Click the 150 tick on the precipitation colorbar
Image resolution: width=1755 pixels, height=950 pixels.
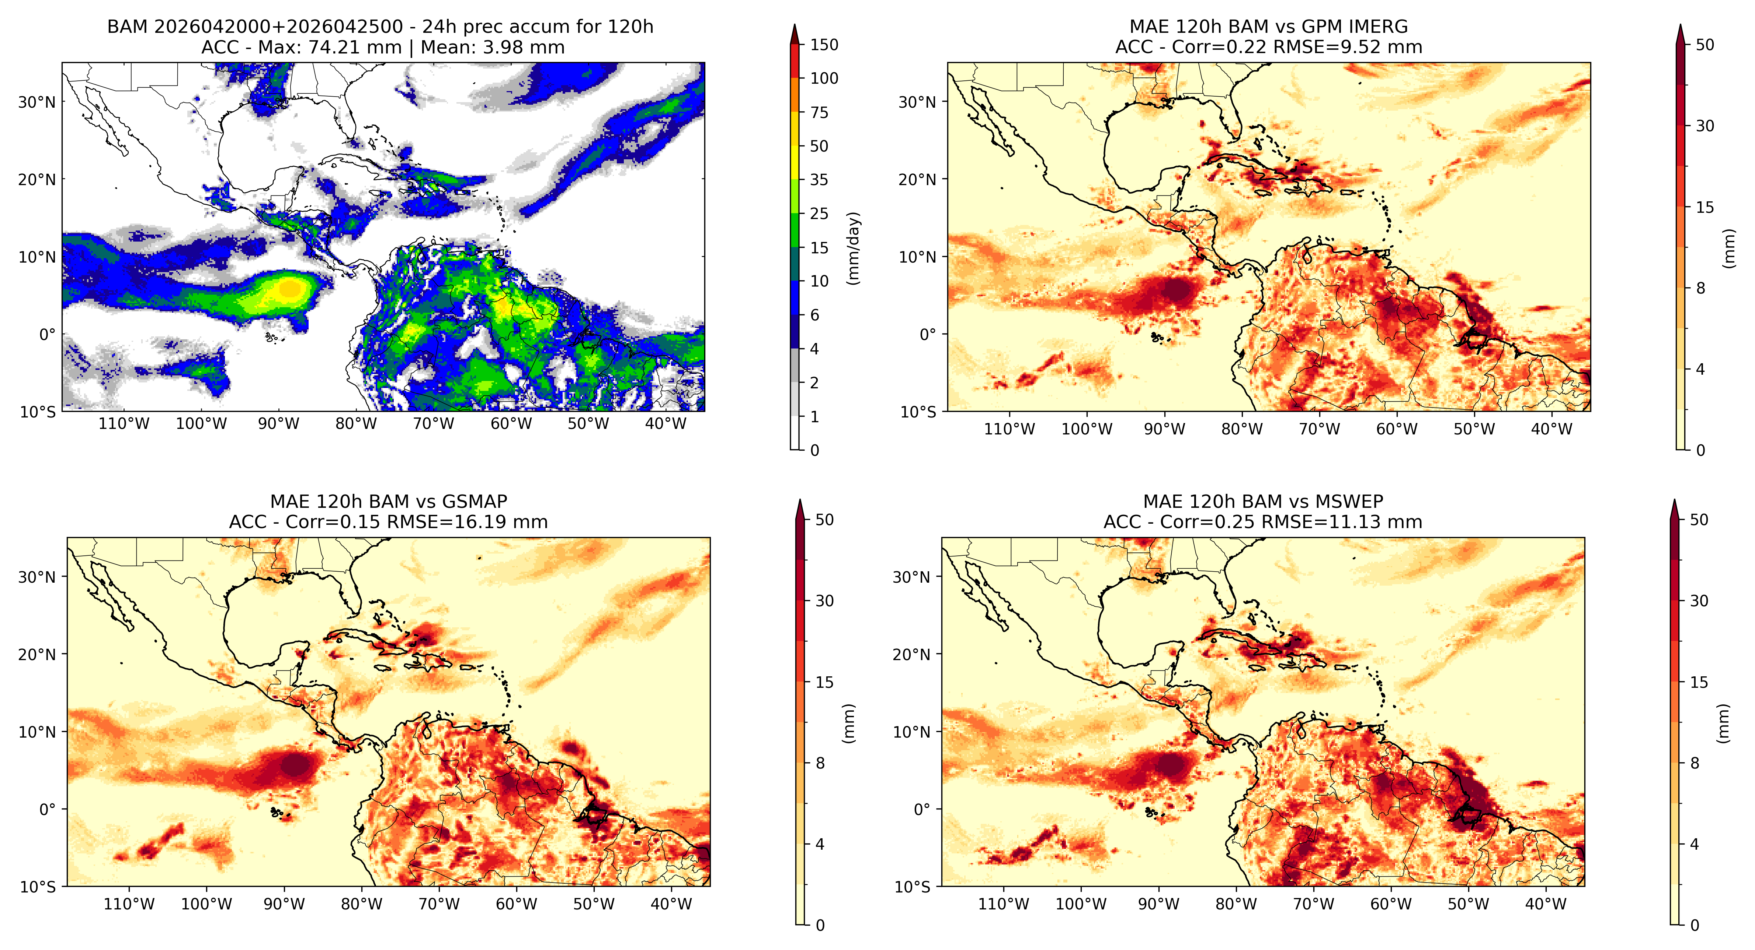(824, 45)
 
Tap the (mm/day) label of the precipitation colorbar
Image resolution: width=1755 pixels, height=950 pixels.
(853, 248)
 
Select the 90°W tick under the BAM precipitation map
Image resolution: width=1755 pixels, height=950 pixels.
(279, 424)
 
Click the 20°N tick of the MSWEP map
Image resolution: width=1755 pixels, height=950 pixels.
(911, 654)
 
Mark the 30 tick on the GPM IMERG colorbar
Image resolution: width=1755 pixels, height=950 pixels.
(1704, 126)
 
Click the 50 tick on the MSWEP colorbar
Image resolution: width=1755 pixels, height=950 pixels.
(1699, 520)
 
